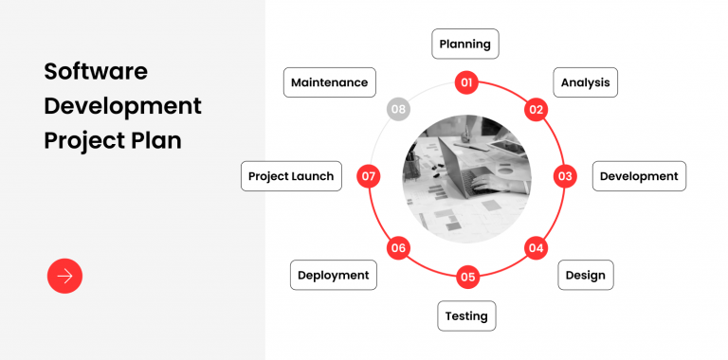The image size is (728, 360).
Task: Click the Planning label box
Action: point(465,44)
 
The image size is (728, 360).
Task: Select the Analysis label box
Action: point(585,82)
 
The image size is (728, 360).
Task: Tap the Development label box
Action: point(639,176)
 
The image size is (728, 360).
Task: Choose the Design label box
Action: point(585,275)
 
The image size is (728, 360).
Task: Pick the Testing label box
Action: point(466,315)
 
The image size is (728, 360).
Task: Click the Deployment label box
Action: point(333,275)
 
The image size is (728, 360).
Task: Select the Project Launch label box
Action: point(291,176)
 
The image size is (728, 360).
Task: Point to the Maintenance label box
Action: point(330,82)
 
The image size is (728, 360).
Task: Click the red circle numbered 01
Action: point(466,82)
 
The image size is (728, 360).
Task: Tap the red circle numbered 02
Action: point(537,109)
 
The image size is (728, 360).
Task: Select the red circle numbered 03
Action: point(566,176)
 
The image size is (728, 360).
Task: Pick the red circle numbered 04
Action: point(537,248)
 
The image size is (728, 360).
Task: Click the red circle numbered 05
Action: point(467,277)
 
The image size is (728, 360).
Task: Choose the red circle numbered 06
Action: point(398,248)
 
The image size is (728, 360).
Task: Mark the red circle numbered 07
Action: point(369,176)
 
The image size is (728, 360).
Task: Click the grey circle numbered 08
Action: point(398,109)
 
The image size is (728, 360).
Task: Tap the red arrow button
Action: point(64,276)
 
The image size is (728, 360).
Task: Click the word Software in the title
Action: point(96,71)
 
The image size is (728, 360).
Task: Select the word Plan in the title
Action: point(155,139)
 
